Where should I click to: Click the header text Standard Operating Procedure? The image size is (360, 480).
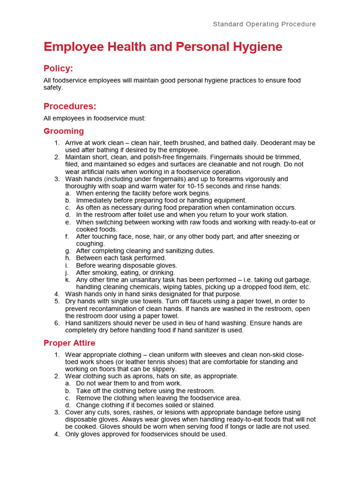[x=264, y=24]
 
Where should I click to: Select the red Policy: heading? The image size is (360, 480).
[x=58, y=68]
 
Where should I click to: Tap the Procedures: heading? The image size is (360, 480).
[x=70, y=106]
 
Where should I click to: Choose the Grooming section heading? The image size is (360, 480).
[x=64, y=131]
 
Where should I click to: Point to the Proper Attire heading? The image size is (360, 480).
[x=69, y=343]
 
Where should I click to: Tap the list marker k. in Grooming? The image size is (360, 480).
[x=68, y=280]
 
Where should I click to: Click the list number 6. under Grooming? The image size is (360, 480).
[x=57, y=323]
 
